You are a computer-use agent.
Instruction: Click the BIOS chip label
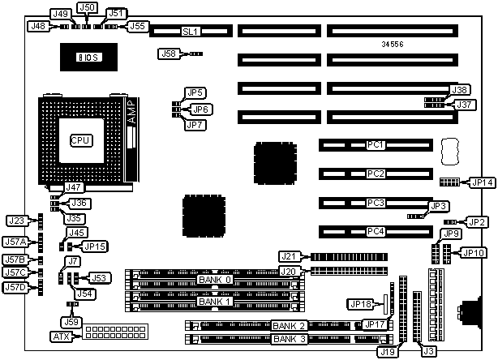[x=87, y=57]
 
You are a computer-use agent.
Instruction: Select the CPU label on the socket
[x=80, y=140]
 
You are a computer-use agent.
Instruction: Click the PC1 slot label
[x=375, y=145]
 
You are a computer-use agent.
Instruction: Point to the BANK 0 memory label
[x=215, y=280]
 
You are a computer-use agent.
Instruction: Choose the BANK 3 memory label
[x=290, y=339]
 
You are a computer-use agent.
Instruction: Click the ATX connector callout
[x=62, y=336]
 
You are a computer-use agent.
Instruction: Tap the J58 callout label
[x=168, y=54]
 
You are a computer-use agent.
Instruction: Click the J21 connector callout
[x=290, y=256]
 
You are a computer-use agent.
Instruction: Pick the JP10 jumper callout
[x=472, y=252]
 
